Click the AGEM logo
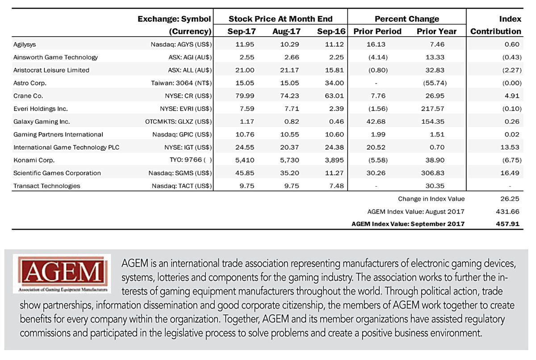[62, 274]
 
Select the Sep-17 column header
[242, 31]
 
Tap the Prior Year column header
[436, 31]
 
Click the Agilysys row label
[25, 45]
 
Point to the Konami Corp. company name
[34, 160]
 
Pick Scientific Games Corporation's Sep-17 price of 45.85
[245, 173]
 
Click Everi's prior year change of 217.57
[433, 109]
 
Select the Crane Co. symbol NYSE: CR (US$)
[188, 96]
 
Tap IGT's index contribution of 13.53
[510, 147]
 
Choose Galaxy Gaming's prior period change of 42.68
[376, 121]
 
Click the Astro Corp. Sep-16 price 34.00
[334, 83]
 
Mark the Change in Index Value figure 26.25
[510, 199]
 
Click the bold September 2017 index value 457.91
[507, 224]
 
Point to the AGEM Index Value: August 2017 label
[416, 212]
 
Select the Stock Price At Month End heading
[281, 19]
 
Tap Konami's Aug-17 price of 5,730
[289, 160]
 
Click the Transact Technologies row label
[46, 186]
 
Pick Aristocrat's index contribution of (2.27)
[512, 70]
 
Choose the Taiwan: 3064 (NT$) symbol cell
[181, 83]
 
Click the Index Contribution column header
[496, 25]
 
